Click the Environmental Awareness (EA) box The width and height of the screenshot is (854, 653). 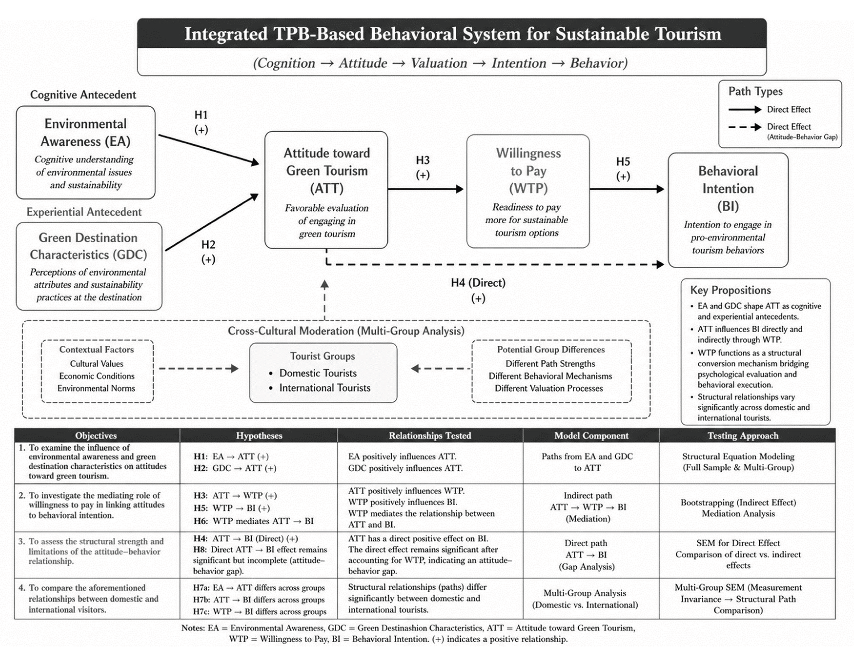coord(85,152)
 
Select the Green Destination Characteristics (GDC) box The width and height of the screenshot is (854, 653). coord(89,266)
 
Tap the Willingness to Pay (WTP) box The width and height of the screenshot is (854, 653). coord(528,191)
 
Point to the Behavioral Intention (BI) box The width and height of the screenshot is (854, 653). coord(728,210)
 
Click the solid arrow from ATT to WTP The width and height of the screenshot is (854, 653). coord(426,189)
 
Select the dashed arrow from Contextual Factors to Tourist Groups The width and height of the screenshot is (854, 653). coord(199,369)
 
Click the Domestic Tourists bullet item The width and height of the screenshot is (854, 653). coord(318,373)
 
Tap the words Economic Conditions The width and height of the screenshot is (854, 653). coord(97,376)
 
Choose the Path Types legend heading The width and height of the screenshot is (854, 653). coord(755,91)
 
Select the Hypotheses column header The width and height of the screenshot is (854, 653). coord(259,436)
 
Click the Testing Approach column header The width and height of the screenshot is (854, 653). coord(743,436)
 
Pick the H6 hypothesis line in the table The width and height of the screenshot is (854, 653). coord(254,521)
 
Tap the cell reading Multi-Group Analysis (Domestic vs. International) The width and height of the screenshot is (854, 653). coord(585,599)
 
